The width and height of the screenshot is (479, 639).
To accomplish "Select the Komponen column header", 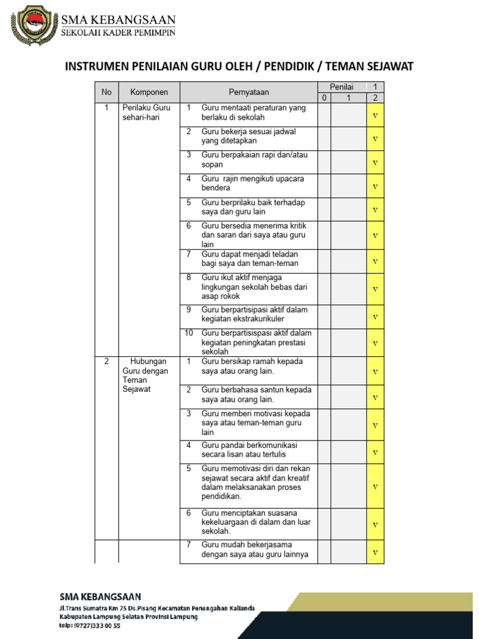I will click(148, 92).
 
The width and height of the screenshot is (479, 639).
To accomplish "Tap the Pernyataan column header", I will click(248, 92).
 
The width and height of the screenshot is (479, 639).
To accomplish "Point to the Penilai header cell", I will click(342, 87).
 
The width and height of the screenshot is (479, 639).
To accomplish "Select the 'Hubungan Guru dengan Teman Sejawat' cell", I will click(145, 375).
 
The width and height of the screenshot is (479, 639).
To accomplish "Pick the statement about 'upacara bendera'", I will click(253, 183).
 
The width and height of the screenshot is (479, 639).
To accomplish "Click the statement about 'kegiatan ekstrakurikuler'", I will click(254, 315).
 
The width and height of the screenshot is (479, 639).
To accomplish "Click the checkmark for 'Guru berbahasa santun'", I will click(375, 398).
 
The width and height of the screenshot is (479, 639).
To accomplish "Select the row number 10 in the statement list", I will click(188, 333).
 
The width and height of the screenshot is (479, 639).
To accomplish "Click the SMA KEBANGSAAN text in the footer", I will click(100, 597).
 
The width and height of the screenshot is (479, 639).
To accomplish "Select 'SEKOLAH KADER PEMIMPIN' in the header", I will click(117, 32).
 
